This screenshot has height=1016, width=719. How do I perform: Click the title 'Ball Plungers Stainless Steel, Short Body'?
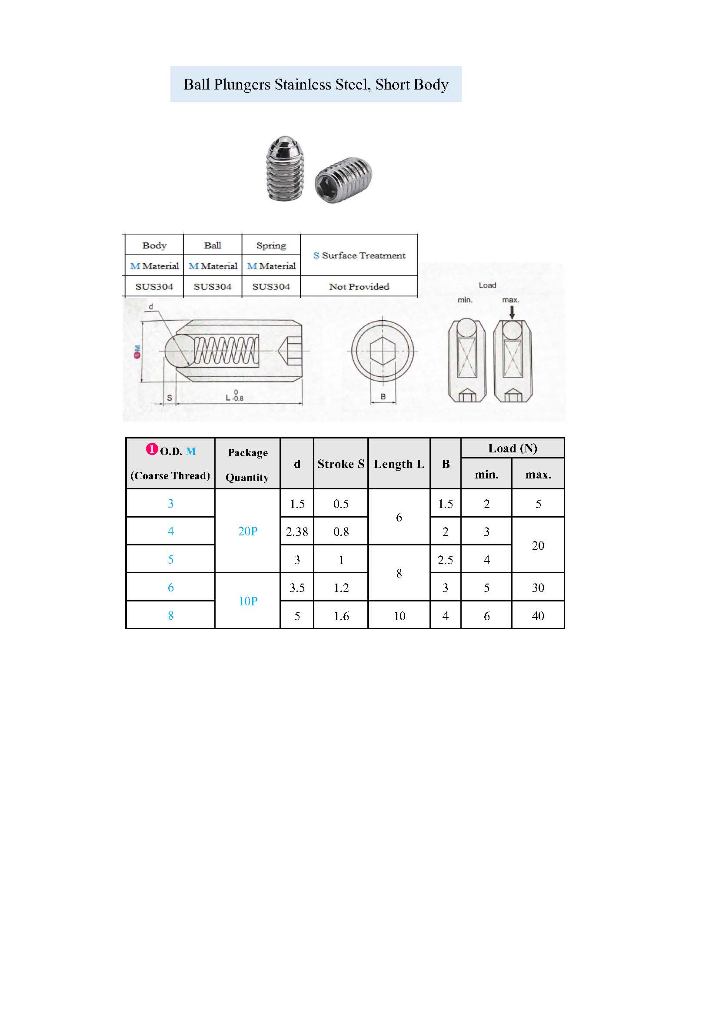point(316,84)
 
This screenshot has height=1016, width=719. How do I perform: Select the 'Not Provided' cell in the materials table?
point(359,286)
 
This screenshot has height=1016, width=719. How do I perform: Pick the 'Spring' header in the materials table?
point(271,245)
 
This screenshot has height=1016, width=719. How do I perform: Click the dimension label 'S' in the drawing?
point(169,398)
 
